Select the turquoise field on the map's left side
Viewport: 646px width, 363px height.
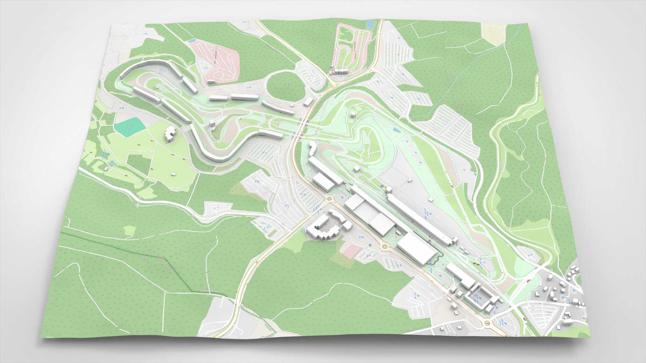pos(127,127)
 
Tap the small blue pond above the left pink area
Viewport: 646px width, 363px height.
pos(192,41)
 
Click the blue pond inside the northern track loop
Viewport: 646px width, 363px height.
pos(396,131)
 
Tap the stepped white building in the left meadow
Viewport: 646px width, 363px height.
pos(170,134)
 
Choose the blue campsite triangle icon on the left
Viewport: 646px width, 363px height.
pos(109,154)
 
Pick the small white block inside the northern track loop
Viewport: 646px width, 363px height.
pos(355,168)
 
